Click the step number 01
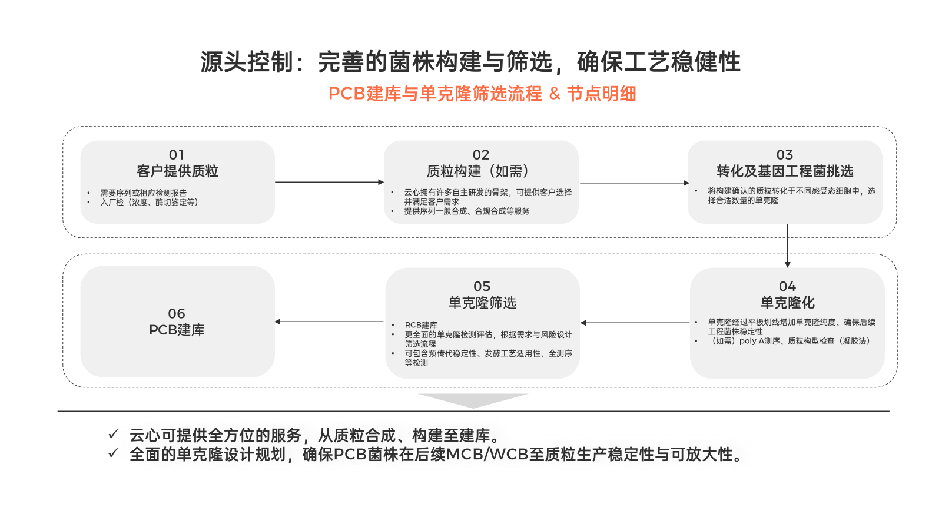pos(177,155)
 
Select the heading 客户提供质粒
pos(177,171)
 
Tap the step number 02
pos(480,155)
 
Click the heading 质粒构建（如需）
pos(480,171)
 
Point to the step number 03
pos(785,155)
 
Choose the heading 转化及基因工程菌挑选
pos(785,171)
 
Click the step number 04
pos(787,286)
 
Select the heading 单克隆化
pos(787,303)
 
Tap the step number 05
pos(482,286)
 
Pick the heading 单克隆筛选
pos(482,303)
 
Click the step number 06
pos(177,313)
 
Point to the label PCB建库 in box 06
pos(177,330)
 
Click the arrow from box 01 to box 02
pos(330,182)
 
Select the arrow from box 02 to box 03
pos(635,183)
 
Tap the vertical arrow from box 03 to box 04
pos(788,246)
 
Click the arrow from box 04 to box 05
pos(635,323)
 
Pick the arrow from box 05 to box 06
pos(329,322)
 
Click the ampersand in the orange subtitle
pos(555,94)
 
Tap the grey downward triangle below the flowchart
pos(473,400)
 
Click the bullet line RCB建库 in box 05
pos(421,325)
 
